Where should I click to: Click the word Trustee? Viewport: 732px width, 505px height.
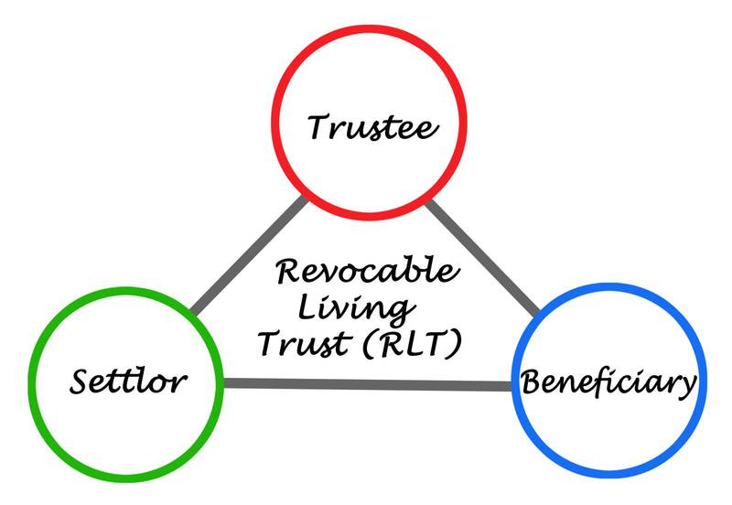[371, 127]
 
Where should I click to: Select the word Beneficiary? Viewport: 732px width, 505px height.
[608, 382]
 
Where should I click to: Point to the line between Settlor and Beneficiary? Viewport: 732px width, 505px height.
[366, 383]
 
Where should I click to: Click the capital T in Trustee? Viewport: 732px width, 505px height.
[318, 125]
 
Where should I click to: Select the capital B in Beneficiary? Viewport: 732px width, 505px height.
[532, 381]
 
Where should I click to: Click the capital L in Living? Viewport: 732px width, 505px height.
[326, 306]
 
